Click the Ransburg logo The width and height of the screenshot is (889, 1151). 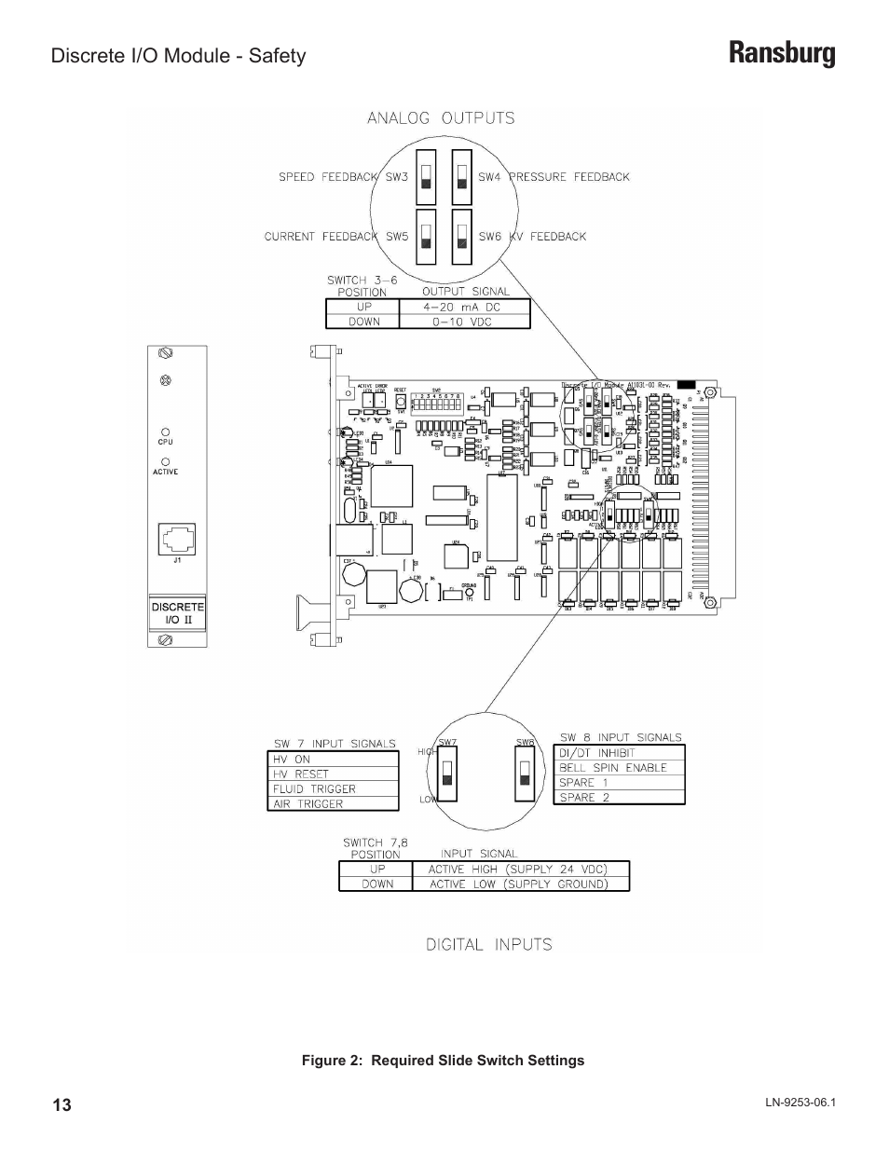(782, 55)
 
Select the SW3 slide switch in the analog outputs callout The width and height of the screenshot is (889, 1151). (426, 177)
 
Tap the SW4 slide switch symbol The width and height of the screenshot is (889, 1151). (462, 177)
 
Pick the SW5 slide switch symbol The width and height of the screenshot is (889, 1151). (426, 237)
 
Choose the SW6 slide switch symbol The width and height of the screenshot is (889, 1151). (462, 237)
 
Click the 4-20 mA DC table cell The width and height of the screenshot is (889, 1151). (463, 307)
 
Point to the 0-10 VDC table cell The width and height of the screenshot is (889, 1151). (463, 322)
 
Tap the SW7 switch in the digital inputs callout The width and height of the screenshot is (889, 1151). (447, 773)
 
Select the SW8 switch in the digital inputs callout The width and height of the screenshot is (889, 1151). (526, 773)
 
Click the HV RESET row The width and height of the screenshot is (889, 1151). (333, 774)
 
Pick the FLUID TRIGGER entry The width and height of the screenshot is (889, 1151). (333, 788)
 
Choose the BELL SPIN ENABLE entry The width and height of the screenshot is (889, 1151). (619, 768)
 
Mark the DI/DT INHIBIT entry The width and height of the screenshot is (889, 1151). (619, 753)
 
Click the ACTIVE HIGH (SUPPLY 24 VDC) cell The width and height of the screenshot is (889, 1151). (519, 869)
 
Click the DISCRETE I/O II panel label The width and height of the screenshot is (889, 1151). (177, 612)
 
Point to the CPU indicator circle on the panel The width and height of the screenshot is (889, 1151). (165, 432)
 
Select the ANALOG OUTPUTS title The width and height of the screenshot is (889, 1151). (441, 118)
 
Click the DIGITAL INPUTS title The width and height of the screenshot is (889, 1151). (488, 944)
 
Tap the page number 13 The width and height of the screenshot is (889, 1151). (62, 1105)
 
